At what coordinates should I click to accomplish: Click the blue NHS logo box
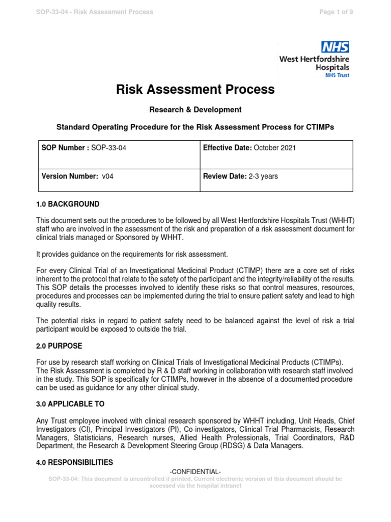334,47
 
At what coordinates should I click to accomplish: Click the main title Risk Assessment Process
196,90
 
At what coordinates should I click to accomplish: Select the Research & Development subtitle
195,110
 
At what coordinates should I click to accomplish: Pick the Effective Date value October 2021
274,148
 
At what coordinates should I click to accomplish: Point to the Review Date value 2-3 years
263,176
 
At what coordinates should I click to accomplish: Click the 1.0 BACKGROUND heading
68,204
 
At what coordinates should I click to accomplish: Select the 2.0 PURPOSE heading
59,346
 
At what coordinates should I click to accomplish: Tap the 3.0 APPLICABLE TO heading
70,404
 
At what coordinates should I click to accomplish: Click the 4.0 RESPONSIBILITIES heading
75,462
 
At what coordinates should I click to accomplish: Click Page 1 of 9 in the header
336,12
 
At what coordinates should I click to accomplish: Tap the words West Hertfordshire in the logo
314,59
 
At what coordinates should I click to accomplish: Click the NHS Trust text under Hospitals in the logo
337,74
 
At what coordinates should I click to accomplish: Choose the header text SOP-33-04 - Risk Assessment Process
95,12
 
